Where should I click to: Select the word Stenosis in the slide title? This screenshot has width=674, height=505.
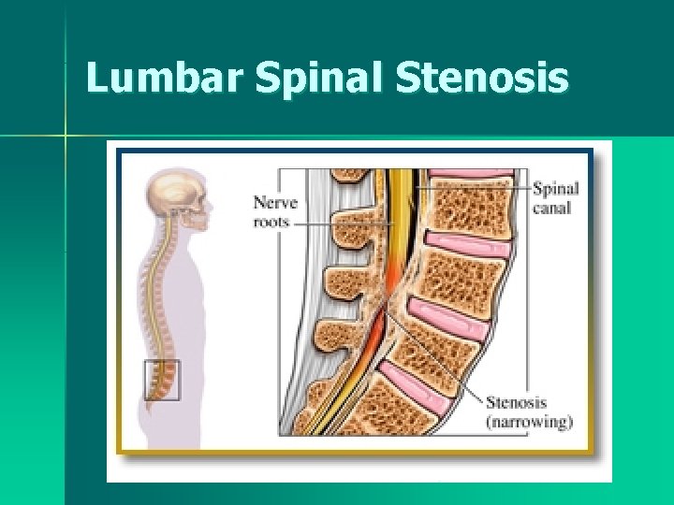pyautogui.click(x=481, y=79)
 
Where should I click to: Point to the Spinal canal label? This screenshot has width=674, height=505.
pyautogui.click(x=556, y=197)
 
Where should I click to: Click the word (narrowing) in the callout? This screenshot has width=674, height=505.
pyautogui.click(x=528, y=422)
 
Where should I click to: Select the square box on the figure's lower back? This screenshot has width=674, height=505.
pyautogui.click(x=162, y=381)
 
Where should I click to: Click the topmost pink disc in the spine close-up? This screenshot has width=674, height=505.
pyautogui.click(x=472, y=173)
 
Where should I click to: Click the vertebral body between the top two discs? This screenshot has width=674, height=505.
pyautogui.click(x=464, y=208)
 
